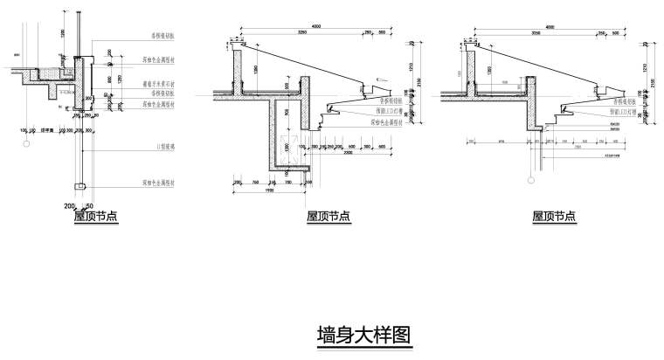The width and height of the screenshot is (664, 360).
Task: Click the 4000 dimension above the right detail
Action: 550,28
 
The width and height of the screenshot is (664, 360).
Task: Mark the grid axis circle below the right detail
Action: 531,179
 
